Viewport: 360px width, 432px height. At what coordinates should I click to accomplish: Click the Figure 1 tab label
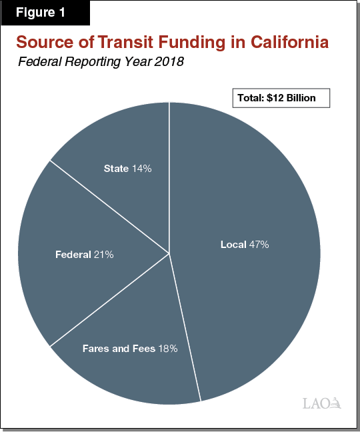(x=45, y=13)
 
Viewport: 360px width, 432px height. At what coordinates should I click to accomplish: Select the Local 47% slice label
(x=245, y=245)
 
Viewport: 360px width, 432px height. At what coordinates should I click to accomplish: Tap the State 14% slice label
(x=127, y=169)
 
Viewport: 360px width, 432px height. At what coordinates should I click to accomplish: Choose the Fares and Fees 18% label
(x=129, y=348)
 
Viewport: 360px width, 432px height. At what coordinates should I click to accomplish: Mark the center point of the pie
(x=169, y=253)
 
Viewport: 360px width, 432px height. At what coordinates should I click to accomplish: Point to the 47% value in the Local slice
(x=259, y=245)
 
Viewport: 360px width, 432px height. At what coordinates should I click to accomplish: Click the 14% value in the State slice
(x=141, y=169)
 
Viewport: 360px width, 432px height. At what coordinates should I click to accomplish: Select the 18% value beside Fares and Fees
(x=167, y=348)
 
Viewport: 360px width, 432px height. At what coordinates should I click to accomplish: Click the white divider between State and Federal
(x=109, y=206)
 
